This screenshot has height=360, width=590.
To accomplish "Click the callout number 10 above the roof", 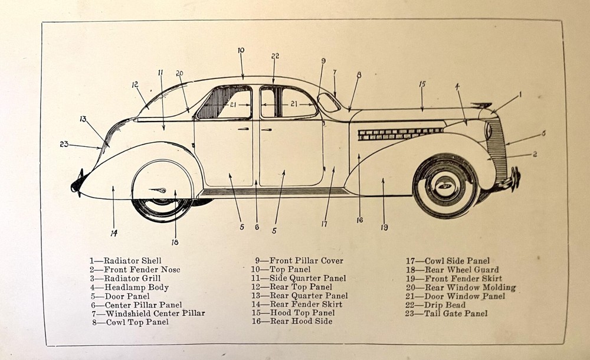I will tap(241, 51).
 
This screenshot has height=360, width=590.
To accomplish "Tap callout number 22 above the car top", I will tap(275, 56).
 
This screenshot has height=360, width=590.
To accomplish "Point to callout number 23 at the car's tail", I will tap(64, 143).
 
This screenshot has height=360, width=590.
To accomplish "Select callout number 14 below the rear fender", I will tap(113, 233).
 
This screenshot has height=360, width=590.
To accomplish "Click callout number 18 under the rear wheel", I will tap(175, 241).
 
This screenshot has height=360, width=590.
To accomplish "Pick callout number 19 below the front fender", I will tap(383, 227).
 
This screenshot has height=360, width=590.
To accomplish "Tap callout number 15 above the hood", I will tap(422, 84).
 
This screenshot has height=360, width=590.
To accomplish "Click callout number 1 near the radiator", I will tap(520, 94).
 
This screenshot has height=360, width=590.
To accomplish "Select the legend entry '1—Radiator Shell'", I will tap(125, 260).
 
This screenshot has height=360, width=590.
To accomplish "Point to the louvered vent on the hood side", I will tap(401, 134).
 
